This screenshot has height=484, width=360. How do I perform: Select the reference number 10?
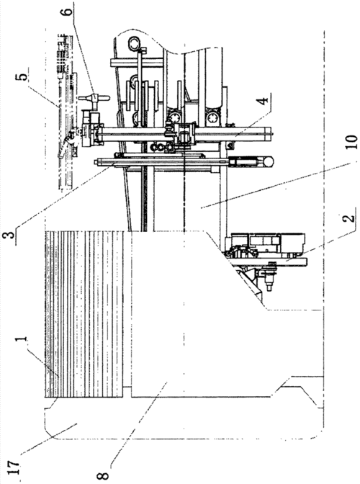click(351, 143)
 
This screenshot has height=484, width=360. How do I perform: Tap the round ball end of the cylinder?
click(269, 162)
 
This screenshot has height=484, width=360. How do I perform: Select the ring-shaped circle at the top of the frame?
click(135, 42)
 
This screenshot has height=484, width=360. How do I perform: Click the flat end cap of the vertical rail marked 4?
click(271, 135)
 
